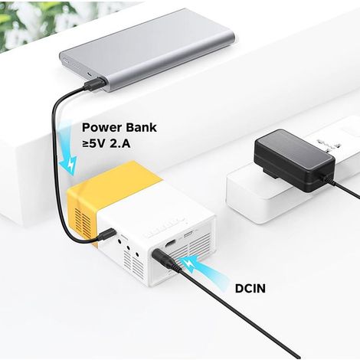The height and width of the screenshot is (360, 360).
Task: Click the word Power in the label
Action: [102, 128]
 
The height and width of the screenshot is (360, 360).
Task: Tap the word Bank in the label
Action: [141, 127]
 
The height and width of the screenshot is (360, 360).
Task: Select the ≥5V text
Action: [93, 144]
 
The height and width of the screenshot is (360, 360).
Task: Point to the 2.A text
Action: [120, 144]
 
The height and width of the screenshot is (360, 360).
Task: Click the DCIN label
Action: [250, 289]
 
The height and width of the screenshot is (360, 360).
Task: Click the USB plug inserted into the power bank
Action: [94, 83]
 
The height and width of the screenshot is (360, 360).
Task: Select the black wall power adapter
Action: [294, 160]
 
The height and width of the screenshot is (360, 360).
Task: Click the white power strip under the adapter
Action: [293, 178]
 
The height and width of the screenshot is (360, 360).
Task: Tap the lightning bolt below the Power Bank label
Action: [72, 165]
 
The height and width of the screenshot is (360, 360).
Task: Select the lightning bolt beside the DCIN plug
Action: [189, 266]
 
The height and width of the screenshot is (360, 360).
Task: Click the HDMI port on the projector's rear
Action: [170, 244]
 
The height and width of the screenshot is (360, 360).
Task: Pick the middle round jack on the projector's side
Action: [129, 247]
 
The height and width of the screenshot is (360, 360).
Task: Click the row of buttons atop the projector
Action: [163, 227]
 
